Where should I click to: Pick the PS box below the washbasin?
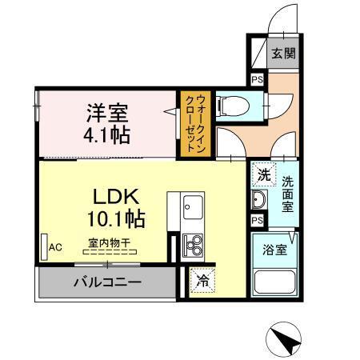pos(258,220)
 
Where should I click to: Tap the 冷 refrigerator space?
pos(202,281)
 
